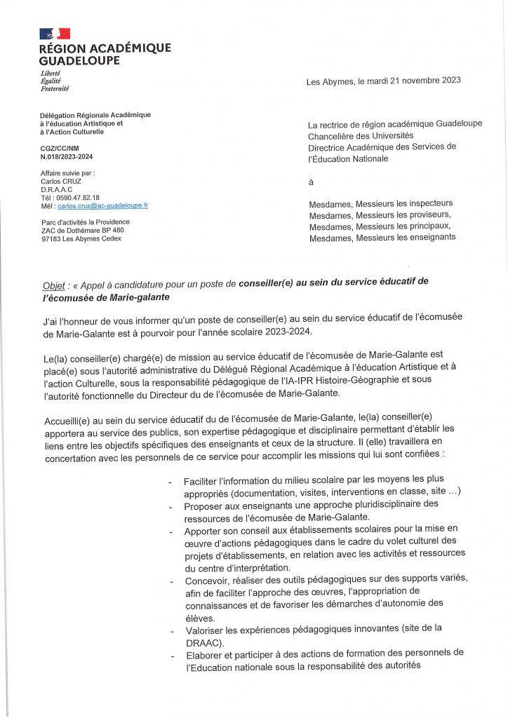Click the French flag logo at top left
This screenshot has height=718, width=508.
pos(55,34)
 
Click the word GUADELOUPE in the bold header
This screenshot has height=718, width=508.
pos(79,60)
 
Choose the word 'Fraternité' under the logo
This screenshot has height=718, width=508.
pos(55,89)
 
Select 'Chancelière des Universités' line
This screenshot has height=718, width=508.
pos(361,135)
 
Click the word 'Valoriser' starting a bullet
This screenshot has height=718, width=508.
pos(205,630)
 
